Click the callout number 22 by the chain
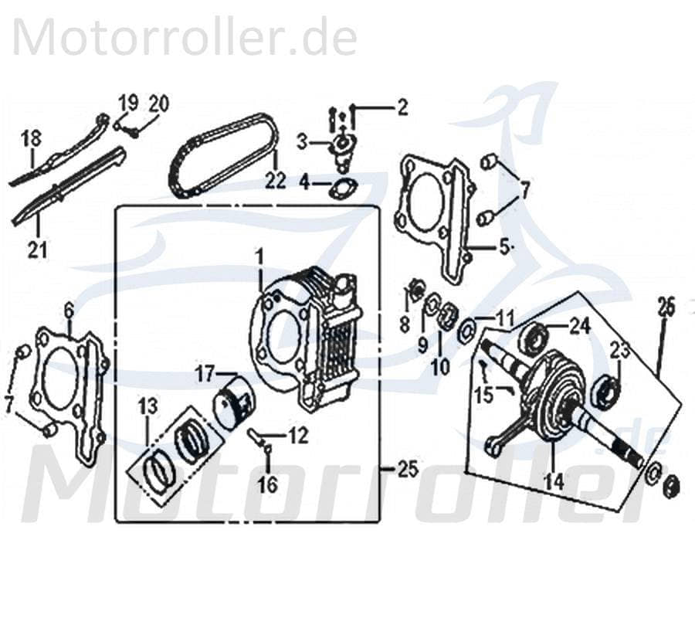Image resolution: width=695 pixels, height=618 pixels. pyautogui.click(x=276, y=182)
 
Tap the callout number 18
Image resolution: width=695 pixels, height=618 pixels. pyautogui.click(x=30, y=140)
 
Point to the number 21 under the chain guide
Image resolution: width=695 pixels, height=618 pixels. pyautogui.click(x=37, y=249)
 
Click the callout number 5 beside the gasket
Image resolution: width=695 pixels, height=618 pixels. pyautogui.click(x=505, y=248)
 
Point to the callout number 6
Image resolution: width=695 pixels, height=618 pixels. pyautogui.click(x=69, y=311)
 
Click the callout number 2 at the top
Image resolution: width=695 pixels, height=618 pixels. pyautogui.click(x=402, y=108)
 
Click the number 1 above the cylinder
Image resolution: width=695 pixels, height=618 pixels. pyautogui.click(x=260, y=255)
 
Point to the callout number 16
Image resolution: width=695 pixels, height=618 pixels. pyautogui.click(x=267, y=485)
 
